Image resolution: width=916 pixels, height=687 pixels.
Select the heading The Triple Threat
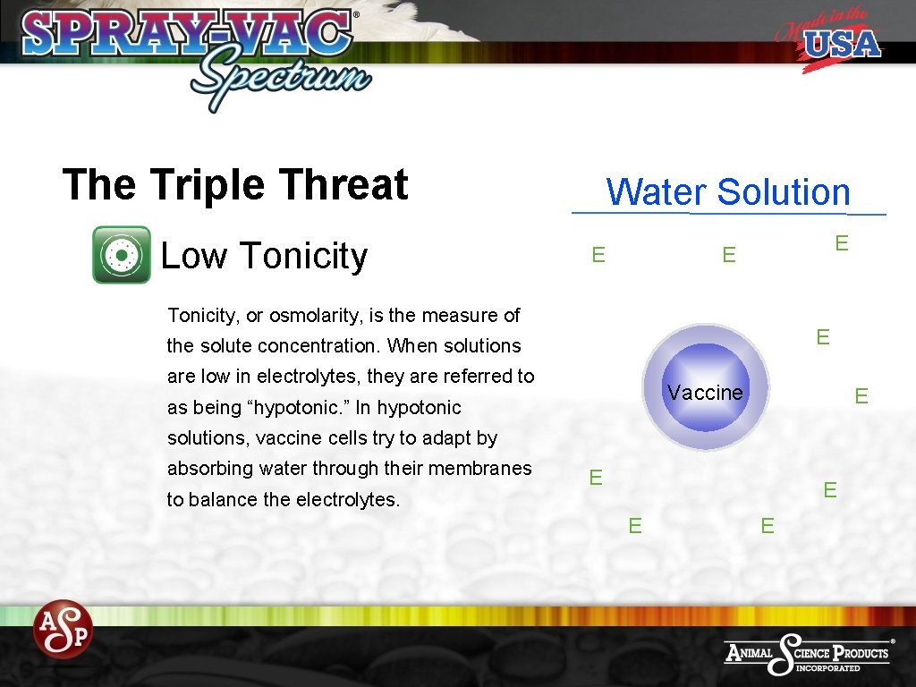pyautogui.click(x=235, y=185)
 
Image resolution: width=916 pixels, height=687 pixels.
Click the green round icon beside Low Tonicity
pyautogui.click(x=122, y=255)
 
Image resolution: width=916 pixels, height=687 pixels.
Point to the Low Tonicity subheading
pyautogui.click(x=264, y=257)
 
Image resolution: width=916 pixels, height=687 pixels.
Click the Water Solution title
pyautogui.click(x=728, y=192)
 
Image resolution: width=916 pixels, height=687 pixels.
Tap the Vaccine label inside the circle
pyautogui.click(x=705, y=393)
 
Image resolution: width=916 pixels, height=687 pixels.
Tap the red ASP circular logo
pyautogui.click(x=64, y=628)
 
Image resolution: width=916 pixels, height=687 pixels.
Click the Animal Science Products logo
pyautogui.click(x=809, y=653)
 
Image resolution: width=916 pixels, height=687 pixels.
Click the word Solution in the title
pyautogui.click(x=784, y=192)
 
